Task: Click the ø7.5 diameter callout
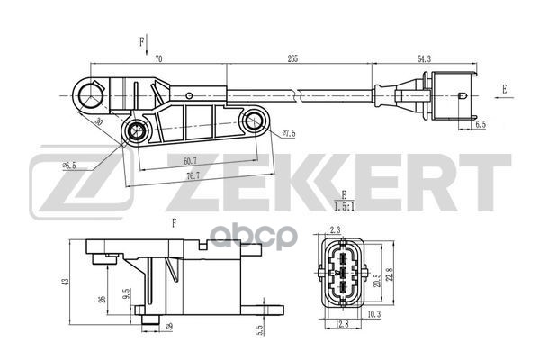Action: pyautogui.click(x=289, y=134)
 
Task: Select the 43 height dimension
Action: pyautogui.click(x=62, y=282)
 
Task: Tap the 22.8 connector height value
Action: pyautogui.click(x=388, y=274)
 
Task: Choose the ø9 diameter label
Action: pyautogui.click(x=168, y=326)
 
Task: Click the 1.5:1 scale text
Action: pyautogui.click(x=343, y=207)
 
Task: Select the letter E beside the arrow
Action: pyautogui.click(x=505, y=89)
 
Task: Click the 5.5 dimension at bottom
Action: pyautogui.click(x=259, y=329)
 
